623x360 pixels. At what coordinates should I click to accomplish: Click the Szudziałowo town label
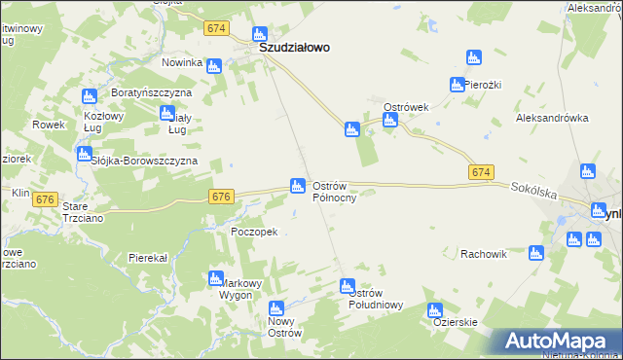pos(293,46)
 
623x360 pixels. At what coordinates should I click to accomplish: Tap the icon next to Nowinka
pos(214,65)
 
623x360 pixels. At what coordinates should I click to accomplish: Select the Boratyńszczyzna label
pos(149,91)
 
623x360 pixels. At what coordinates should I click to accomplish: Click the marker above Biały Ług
pos(166,113)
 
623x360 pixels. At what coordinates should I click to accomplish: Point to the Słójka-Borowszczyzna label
pos(144,160)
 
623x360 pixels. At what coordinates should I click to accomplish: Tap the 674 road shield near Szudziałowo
pos(216,30)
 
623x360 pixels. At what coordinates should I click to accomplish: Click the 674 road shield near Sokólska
pos(480,172)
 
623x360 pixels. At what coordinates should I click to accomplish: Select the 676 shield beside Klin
pos(44,198)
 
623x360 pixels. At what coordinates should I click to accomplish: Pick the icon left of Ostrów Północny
pos(297,185)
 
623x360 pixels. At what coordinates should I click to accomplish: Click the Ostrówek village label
pos(406,107)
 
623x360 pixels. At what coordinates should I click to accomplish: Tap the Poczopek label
pos(255,232)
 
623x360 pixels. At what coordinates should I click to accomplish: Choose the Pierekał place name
pos(149,258)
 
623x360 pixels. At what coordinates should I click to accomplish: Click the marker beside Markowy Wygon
pos(216,279)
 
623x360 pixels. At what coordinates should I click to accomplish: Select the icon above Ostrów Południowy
pos(347,286)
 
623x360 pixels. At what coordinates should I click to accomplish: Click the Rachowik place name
pos(485,255)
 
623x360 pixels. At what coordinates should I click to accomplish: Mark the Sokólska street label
pos(532,194)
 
